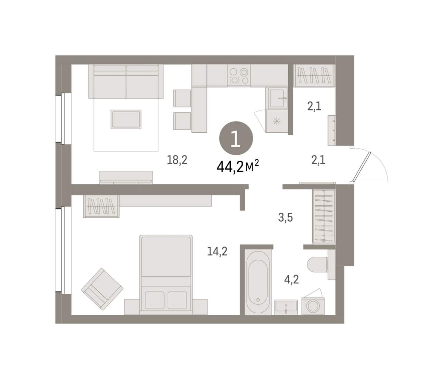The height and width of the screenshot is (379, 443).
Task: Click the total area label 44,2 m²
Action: pos(238,167)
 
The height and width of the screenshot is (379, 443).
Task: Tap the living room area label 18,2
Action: pos(177,160)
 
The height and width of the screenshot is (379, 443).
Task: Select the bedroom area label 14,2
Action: pos(217,251)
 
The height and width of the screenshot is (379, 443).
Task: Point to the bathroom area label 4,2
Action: pos(292,280)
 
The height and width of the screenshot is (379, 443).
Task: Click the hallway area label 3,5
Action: pos(285,218)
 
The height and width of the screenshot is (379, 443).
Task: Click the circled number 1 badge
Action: pos(236,139)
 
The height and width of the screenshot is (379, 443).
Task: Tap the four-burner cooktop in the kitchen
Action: pos(239,76)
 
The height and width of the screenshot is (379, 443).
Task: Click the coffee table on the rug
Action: pos(126,119)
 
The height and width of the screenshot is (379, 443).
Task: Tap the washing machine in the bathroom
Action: pos(313,306)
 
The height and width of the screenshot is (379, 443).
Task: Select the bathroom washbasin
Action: pos(286,307)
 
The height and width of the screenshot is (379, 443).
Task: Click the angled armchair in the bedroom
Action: pos(102,289)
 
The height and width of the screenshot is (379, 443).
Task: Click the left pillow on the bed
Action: pos(155,300)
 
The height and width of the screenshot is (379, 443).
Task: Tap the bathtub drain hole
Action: pos(258,300)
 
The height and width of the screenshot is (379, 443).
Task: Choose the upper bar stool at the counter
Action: pos(182,98)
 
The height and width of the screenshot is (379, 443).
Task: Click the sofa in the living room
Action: pos(126,81)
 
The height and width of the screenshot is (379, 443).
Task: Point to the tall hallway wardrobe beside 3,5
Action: pos(324,216)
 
